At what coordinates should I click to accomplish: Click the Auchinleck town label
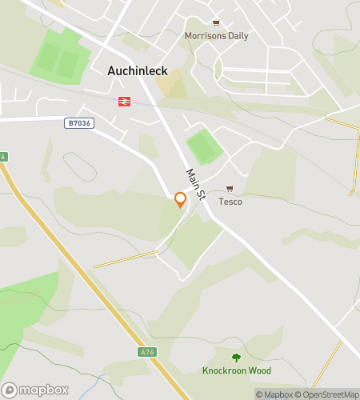click(x=138, y=70)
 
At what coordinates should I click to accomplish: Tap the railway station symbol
click(x=124, y=101)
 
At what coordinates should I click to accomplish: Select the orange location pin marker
click(x=181, y=199)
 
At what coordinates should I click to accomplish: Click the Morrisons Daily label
click(x=216, y=36)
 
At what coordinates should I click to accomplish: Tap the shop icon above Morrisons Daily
click(x=216, y=23)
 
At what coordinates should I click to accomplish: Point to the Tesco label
click(x=230, y=202)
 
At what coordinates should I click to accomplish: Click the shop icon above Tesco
click(x=230, y=189)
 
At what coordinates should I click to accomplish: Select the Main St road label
click(x=197, y=186)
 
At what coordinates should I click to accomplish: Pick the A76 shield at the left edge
click(x=3, y=157)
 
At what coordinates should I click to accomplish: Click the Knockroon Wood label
click(x=236, y=370)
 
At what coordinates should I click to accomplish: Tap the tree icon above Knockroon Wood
click(x=236, y=358)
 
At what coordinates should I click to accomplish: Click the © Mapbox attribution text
click(x=274, y=394)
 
